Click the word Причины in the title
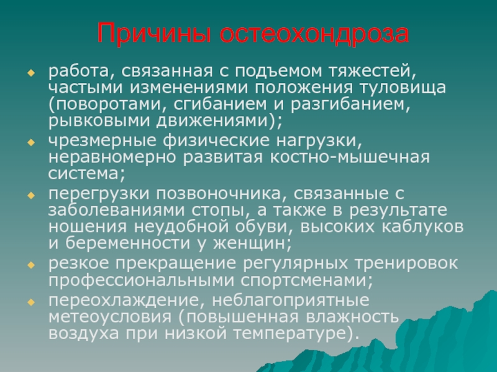click(x=154, y=33)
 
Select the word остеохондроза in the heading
click(x=314, y=33)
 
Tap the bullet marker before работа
click(x=30, y=73)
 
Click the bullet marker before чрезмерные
click(x=30, y=143)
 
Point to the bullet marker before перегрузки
click(x=30, y=195)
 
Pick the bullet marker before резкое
click(x=30, y=265)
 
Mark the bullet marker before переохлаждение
click(x=30, y=302)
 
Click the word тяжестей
click(x=372, y=71)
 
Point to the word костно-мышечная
click(x=350, y=157)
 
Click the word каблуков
click(x=422, y=226)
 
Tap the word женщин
click(x=252, y=244)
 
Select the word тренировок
click(x=406, y=263)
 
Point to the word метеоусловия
click(x=110, y=317)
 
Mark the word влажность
click(x=352, y=317)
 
